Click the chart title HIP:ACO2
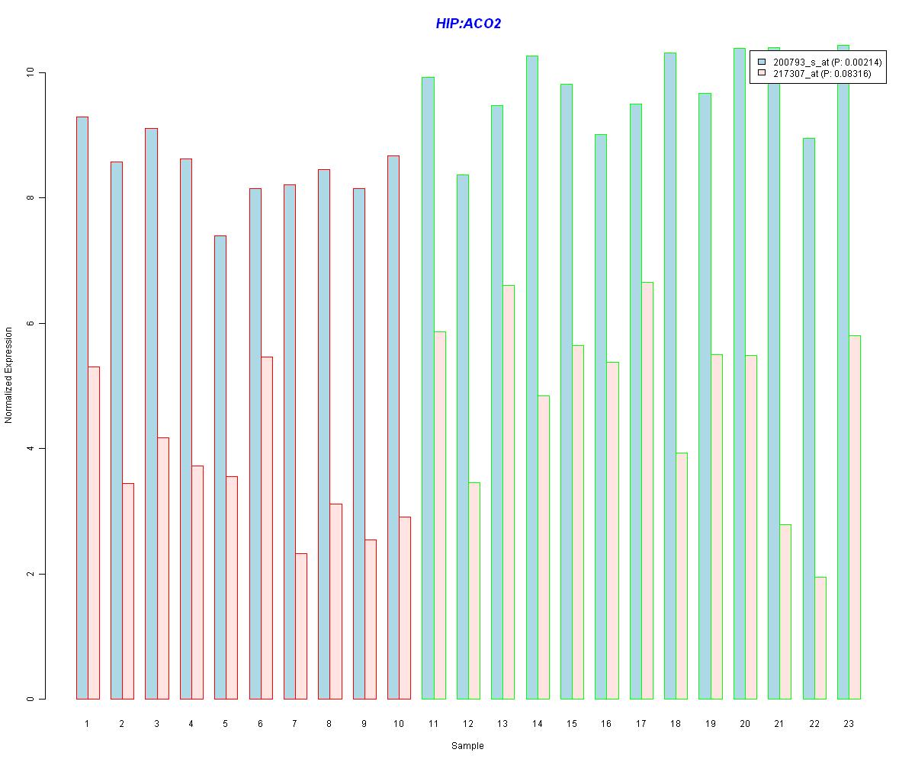click(468, 24)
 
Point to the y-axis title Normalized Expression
click(9, 376)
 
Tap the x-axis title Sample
click(467, 746)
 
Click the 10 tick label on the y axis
click(30, 72)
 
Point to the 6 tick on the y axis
click(30, 323)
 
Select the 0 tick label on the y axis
click(30, 699)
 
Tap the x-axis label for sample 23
click(849, 722)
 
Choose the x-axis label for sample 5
click(226, 722)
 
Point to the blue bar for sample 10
click(393, 427)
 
